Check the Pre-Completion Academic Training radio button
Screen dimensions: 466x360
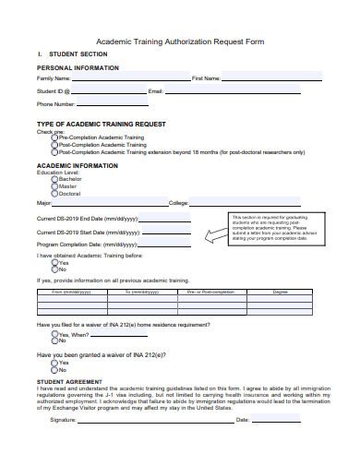click(54, 137)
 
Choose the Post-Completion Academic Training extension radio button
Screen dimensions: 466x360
click(54, 152)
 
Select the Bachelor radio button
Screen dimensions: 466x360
click(54, 180)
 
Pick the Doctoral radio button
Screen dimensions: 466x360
click(54, 195)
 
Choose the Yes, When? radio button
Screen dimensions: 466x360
click(54, 336)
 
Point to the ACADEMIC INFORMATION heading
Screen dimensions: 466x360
click(77, 166)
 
